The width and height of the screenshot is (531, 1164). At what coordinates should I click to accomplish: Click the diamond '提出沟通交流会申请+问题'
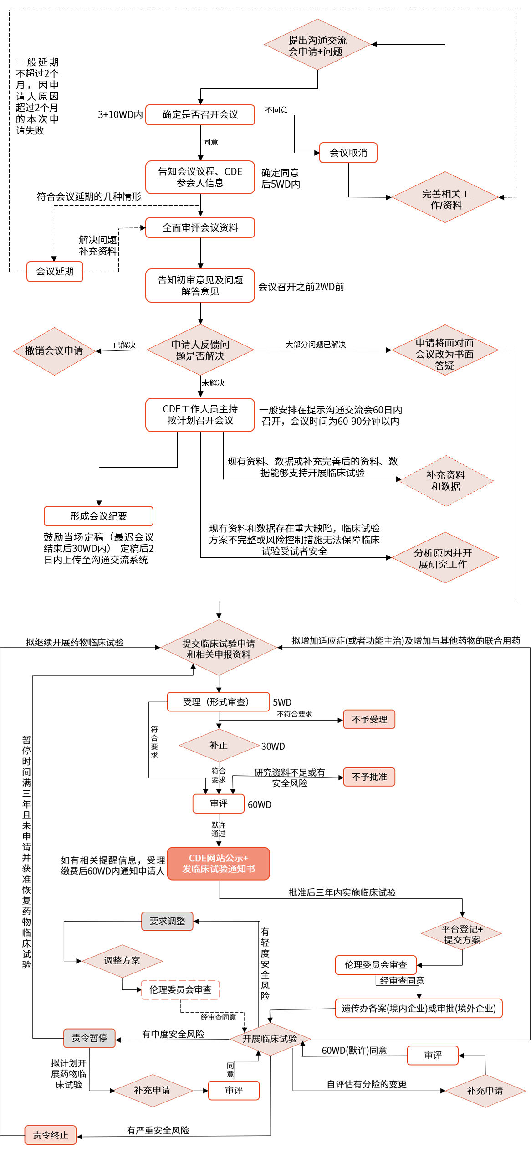(x=317, y=45)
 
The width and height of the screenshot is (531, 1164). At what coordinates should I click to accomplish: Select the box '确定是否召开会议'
(x=200, y=115)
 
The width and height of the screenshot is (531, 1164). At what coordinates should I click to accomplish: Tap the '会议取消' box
(x=348, y=153)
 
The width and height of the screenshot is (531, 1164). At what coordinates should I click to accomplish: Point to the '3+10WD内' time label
(x=120, y=115)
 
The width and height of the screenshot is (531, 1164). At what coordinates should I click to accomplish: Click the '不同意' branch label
(x=276, y=110)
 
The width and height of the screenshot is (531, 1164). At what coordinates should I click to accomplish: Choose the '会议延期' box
(x=55, y=272)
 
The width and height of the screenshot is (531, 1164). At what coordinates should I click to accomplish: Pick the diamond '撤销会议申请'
(x=54, y=351)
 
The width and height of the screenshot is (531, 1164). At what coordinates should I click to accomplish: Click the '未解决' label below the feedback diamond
(x=213, y=383)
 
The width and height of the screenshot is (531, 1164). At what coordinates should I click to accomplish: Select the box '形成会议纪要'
(x=98, y=516)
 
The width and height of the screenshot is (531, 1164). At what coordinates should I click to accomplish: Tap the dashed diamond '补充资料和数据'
(x=446, y=481)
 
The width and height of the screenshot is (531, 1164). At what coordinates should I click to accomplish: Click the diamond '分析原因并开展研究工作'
(x=445, y=558)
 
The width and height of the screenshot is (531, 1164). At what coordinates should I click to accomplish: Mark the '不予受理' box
(x=369, y=720)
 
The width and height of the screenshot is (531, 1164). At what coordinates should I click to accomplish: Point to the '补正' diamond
(x=219, y=745)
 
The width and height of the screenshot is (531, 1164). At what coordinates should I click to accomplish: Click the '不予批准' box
(x=369, y=777)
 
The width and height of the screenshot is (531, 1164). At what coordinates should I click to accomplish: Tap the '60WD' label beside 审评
(x=260, y=805)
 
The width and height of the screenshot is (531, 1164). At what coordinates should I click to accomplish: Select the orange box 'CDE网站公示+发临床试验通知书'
(x=219, y=864)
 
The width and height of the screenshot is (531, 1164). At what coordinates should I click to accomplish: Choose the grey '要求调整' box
(x=167, y=921)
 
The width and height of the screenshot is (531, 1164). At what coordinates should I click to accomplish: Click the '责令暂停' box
(x=89, y=1038)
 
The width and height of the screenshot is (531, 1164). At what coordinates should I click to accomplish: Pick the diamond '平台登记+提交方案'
(x=462, y=934)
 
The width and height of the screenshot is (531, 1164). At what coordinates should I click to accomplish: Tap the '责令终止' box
(x=51, y=1135)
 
